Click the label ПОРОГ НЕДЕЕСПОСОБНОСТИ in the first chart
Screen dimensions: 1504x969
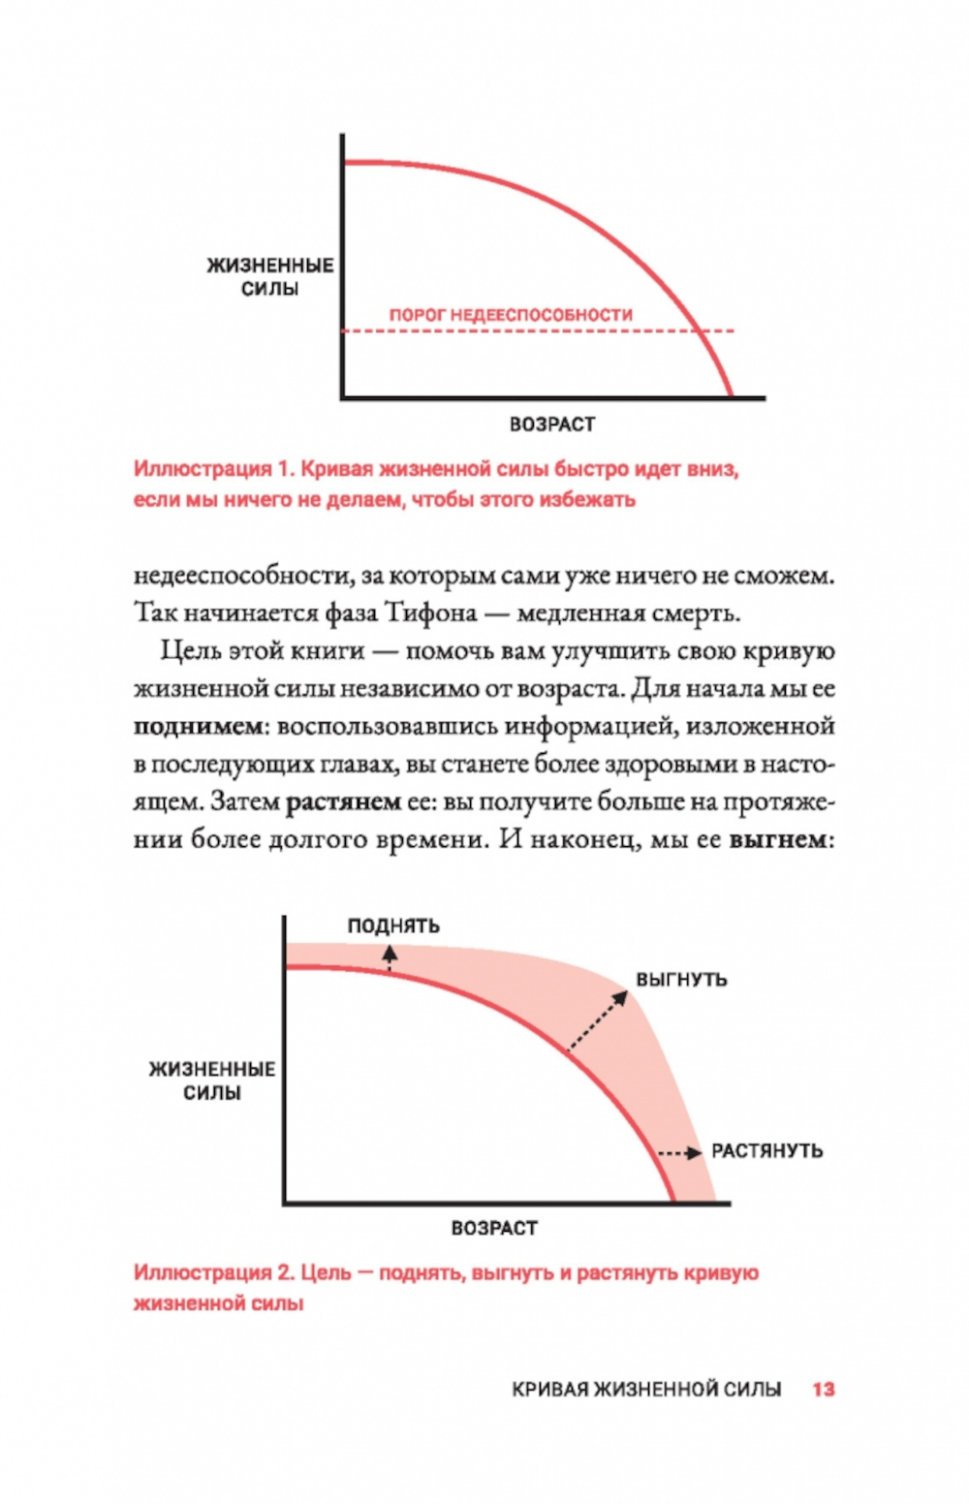click(511, 315)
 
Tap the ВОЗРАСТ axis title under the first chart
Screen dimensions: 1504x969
click(552, 424)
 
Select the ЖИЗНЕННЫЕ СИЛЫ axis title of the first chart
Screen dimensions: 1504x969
click(270, 277)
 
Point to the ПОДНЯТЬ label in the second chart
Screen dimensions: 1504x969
click(393, 926)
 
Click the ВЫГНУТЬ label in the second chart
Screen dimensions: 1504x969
click(681, 980)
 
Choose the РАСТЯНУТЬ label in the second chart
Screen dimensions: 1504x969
click(766, 1151)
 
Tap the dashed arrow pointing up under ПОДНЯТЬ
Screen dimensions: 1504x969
click(390, 957)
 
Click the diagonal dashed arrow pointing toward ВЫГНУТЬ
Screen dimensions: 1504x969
click(597, 1021)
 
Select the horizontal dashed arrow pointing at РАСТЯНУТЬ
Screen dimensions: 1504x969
click(679, 1153)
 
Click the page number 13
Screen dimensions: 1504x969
click(823, 1390)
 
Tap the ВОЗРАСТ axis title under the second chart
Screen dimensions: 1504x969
click(494, 1229)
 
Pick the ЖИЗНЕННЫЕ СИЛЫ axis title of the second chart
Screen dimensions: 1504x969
click(212, 1081)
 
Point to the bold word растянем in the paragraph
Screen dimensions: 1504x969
click(343, 802)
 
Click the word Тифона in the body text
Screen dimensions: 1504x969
click(431, 613)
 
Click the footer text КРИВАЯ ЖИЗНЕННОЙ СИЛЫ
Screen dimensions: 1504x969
click(646, 1390)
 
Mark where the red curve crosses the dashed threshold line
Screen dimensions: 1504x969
click(700, 331)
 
